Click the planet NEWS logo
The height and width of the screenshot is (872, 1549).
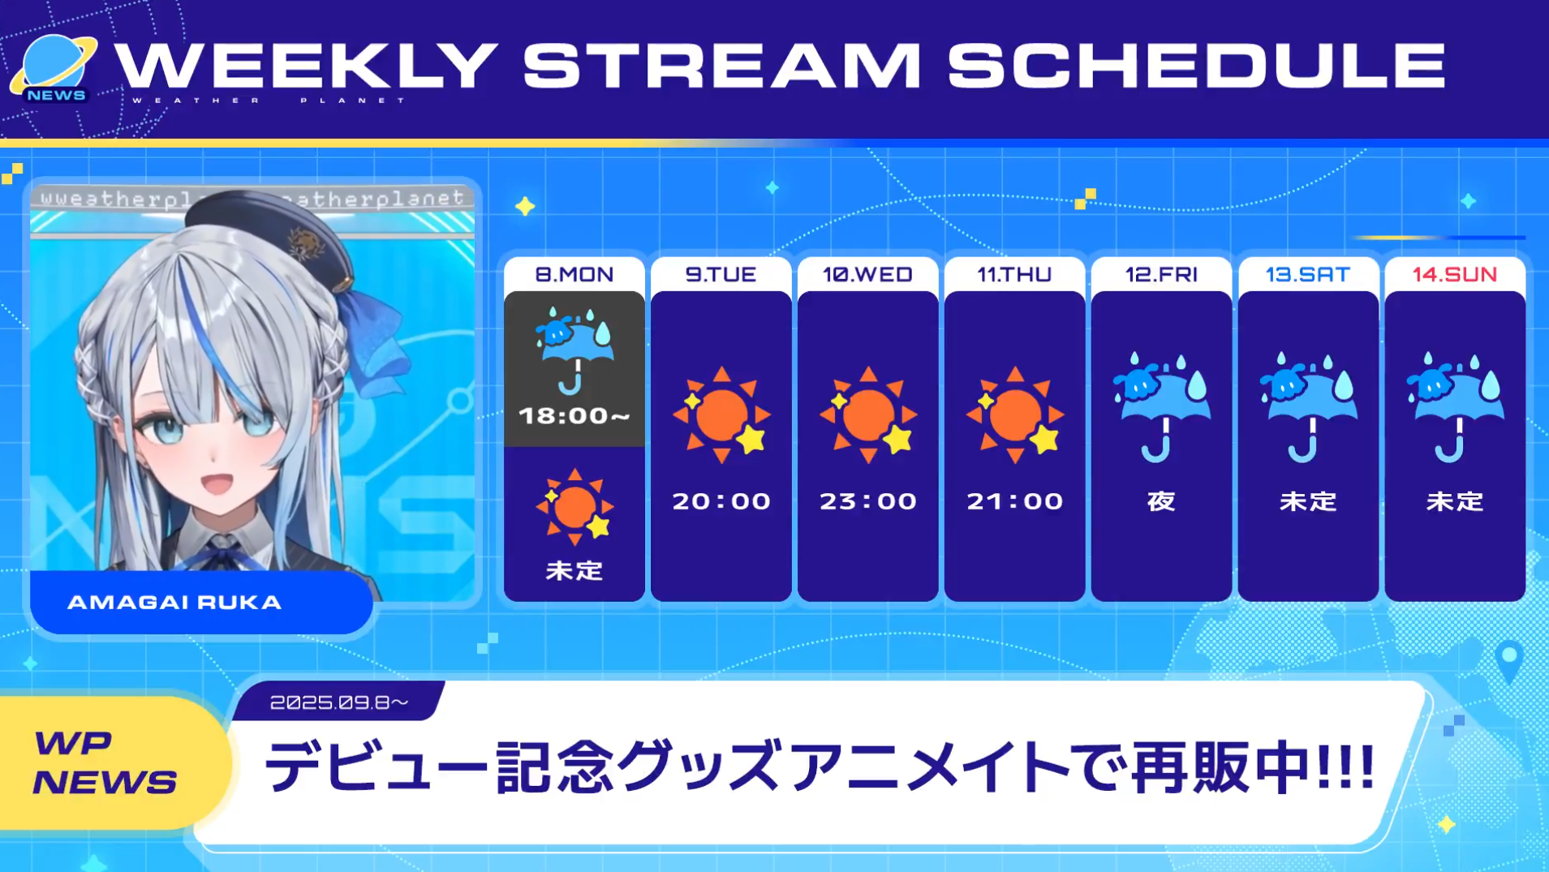coord(54,69)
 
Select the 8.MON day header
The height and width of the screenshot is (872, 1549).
coord(574,274)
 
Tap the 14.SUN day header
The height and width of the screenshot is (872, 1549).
coord(1455,274)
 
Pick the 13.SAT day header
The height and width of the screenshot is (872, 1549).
coord(1308,274)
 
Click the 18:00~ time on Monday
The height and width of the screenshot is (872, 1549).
coord(574,416)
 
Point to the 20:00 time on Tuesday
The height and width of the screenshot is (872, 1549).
coord(721,501)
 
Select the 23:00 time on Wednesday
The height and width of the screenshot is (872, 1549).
coord(868,501)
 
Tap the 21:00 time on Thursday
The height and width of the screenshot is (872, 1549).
coord(1015,501)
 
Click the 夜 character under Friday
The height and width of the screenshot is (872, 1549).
coord(1161,501)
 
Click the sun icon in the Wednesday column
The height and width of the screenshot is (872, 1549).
coord(868,415)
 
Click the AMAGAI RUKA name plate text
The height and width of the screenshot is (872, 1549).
coord(174,603)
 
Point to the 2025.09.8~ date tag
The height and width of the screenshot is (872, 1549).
coord(339,702)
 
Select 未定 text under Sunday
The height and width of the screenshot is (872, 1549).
coord(1455,501)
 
